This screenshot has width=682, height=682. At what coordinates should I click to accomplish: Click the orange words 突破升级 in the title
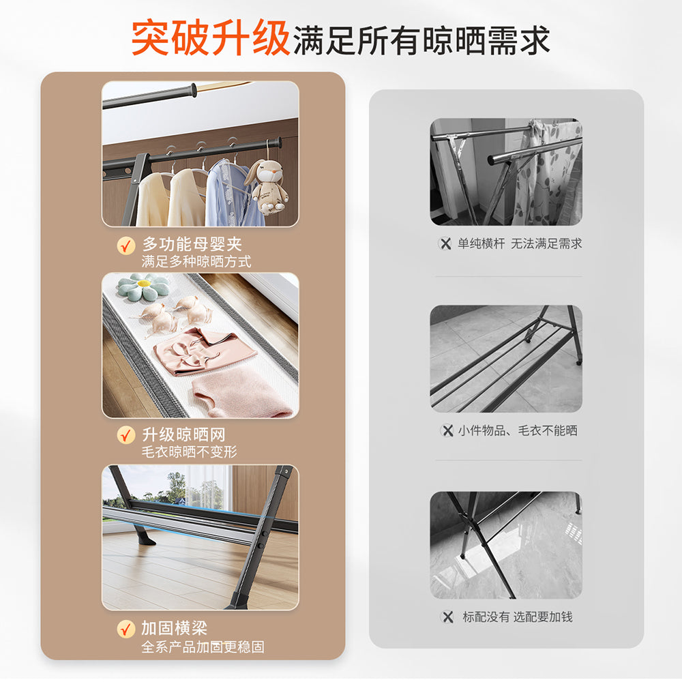pyautogui.click(x=211, y=38)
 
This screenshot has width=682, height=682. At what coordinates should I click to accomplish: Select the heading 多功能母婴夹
pyautogui.click(x=192, y=244)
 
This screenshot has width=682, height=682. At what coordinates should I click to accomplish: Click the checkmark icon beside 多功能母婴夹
pyautogui.click(x=126, y=246)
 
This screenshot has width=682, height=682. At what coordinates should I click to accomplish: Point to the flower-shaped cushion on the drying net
pyautogui.click(x=143, y=287)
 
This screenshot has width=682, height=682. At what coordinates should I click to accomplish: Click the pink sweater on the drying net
pyautogui.click(x=242, y=394)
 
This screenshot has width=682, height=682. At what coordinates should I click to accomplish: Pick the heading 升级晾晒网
pyautogui.click(x=183, y=435)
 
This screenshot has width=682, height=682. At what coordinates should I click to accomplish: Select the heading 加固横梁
pyautogui.click(x=174, y=628)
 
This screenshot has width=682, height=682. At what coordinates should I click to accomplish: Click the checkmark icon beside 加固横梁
pyautogui.click(x=126, y=628)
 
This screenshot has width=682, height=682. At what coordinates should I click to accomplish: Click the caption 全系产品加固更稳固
pyautogui.click(x=203, y=647)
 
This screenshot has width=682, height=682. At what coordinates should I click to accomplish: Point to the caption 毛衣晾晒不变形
pyautogui.click(x=190, y=452)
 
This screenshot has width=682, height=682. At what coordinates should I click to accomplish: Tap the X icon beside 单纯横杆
pyautogui.click(x=445, y=243)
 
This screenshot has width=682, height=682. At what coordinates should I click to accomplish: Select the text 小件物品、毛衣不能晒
pyautogui.click(x=518, y=430)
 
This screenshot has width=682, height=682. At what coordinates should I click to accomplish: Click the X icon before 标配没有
pyautogui.click(x=447, y=617)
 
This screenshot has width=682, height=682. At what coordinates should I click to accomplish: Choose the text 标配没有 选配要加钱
pyautogui.click(x=517, y=617)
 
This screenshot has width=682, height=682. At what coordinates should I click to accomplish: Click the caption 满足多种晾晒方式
pyautogui.click(x=196, y=261)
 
